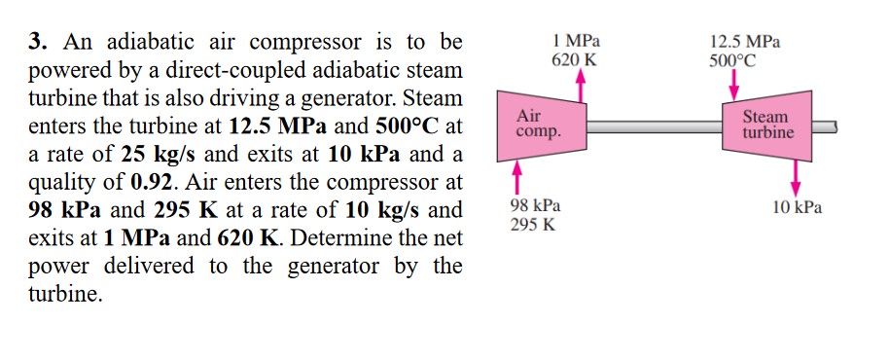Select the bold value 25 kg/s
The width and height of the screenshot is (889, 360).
click(x=155, y=155)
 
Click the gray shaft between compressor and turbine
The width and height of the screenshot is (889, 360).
click(x=652, y=126)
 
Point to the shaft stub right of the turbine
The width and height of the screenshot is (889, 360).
click(x=823, y=126)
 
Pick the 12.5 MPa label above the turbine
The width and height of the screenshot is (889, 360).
click(x=744, y=43)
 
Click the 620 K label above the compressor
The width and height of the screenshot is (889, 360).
click(x=574, y=59)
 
